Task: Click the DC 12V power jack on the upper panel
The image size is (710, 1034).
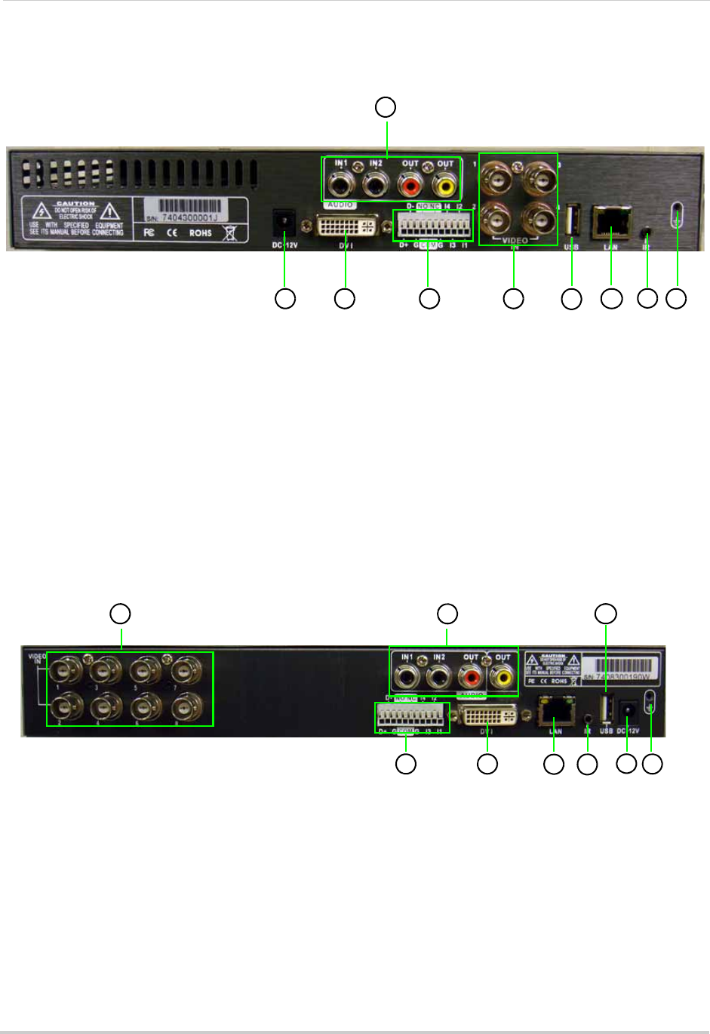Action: [284, 220]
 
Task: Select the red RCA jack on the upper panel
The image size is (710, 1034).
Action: [411, 183]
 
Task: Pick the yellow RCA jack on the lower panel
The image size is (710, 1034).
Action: [502, 677]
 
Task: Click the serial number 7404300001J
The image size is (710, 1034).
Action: [189, 217]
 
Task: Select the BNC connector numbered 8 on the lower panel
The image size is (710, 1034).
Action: [184, 709]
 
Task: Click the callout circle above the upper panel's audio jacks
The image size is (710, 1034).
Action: [386, 106]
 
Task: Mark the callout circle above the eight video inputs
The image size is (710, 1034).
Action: [120, 613]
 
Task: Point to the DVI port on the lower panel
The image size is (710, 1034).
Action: [488, 715]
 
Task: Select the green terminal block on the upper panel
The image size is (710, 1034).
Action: [432, 225]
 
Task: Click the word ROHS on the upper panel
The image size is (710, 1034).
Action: [201, 232]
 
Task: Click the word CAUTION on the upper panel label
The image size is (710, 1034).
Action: [76, 204]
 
